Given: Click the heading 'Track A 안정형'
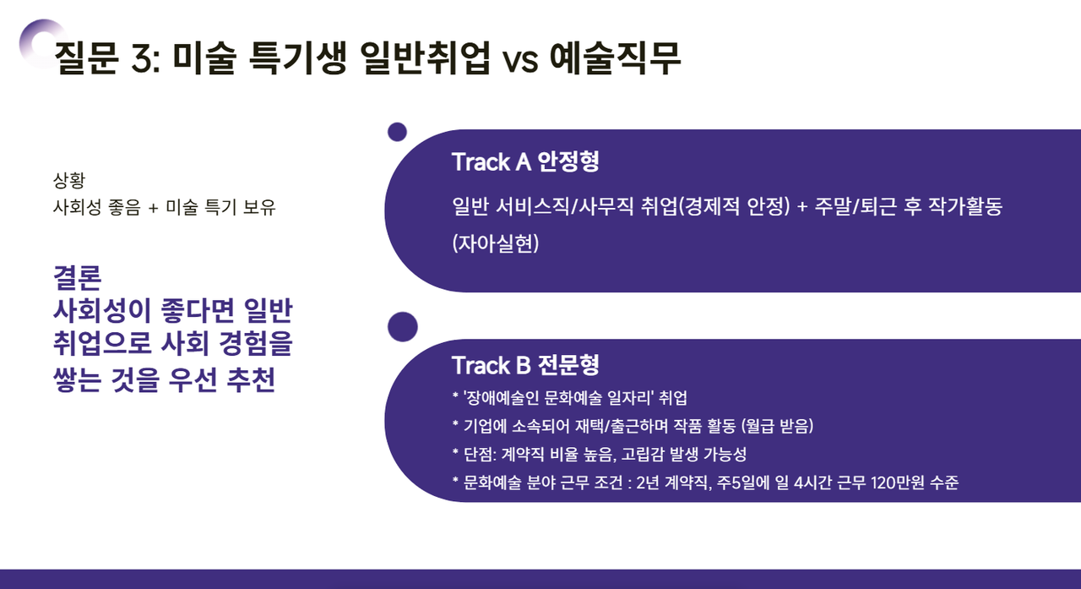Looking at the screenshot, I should [525, 162].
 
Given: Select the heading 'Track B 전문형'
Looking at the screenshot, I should [525, 365].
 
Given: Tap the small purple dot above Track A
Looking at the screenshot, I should [397, 132].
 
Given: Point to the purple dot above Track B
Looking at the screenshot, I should [402, 326].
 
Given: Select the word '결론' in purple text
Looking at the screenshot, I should [77, 277].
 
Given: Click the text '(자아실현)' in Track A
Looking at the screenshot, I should [495, 244].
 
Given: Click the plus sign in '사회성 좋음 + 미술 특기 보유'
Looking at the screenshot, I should [153, 206].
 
